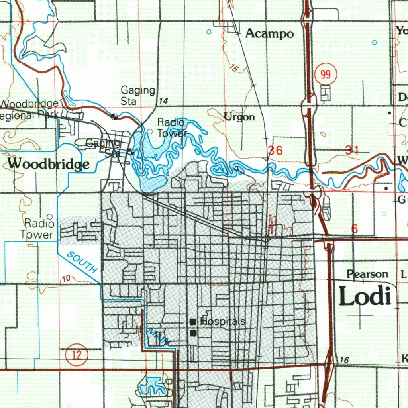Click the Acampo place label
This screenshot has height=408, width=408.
269,33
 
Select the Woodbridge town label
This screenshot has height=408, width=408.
48,164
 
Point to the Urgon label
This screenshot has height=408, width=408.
239,117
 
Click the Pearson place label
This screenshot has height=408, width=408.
367,274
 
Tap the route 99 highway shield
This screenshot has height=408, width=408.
326,75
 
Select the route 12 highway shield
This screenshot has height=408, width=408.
77,355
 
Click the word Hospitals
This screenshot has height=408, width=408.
223,322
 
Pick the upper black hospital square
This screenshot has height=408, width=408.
193,322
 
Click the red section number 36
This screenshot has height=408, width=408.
275,151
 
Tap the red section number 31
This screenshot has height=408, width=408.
352,150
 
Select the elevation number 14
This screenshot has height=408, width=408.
163,101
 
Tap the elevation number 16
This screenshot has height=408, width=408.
345,360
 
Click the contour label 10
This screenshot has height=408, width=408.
67,278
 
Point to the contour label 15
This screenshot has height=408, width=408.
234,69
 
